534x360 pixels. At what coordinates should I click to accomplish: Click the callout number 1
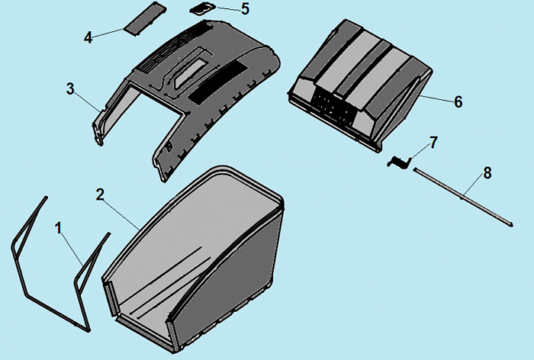click(59, 228)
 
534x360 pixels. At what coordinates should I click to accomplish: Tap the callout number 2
click(100, 194)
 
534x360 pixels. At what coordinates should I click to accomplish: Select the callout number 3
click(70, 89)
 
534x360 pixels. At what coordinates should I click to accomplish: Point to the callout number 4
click(88, 37)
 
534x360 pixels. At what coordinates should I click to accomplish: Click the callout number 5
click(245, 9)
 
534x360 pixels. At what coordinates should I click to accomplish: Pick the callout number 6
click(458, 102)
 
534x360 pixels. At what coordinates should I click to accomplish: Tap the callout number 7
click(433, 143)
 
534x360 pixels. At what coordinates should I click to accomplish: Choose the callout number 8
click(487, 173)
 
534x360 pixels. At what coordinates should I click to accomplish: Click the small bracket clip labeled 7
click(399, 162)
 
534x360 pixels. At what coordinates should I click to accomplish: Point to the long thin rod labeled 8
click(463, 197)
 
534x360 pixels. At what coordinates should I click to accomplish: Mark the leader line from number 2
click(121, 214)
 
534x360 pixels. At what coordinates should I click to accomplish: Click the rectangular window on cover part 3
click(191, 73)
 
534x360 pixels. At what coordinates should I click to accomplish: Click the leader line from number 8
click(473, 185)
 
